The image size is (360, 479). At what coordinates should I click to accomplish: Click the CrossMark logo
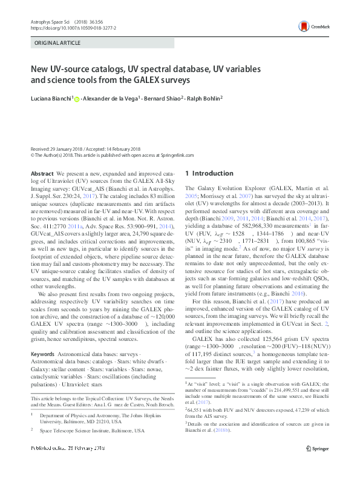(310, 27)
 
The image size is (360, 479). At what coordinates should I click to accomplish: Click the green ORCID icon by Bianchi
(77, 98)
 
